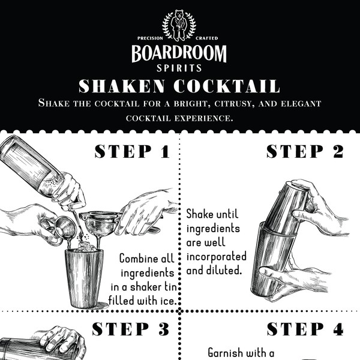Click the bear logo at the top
pos(179,25)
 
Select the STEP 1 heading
pos(132,151)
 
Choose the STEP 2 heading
pos(305,151)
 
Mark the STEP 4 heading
pos(305,329)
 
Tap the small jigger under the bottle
pos(65,228)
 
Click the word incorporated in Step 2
pos(216,256)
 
